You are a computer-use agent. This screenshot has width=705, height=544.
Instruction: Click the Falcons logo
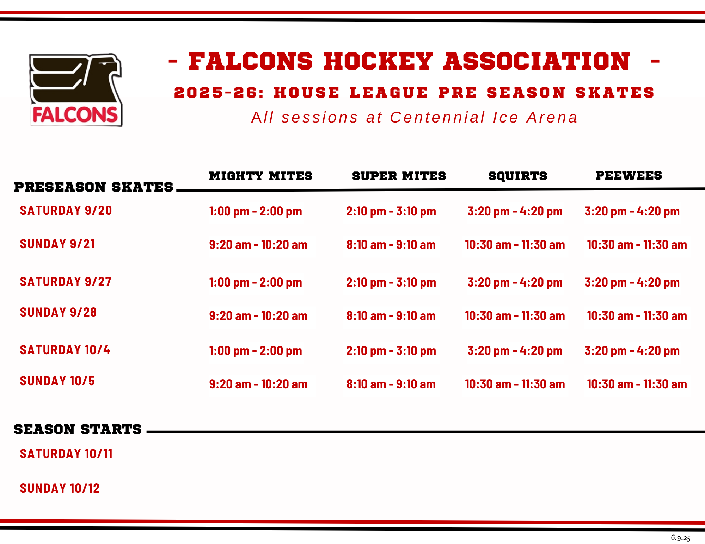tap(75, 90)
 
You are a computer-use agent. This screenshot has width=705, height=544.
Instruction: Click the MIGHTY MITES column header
tap(260, 176)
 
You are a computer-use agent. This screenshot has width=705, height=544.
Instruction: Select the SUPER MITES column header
tap(399, 176)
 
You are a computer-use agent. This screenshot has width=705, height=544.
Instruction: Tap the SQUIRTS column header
tap(518, 176)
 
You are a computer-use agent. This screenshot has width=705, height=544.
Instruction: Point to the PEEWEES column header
tap(629, 175)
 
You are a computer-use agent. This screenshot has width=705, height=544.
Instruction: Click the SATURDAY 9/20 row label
tap(66, 211)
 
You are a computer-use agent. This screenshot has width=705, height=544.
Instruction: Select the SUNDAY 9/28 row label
tap(58, 312)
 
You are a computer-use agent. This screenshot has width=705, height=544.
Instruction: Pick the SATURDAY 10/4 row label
tap(65, 350)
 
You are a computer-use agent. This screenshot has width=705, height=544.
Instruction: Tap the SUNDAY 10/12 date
tap(60, 488)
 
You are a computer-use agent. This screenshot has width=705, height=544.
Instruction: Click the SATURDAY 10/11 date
tap(66, 454)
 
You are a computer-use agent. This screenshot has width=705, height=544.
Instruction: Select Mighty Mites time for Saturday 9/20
tap(256, 211)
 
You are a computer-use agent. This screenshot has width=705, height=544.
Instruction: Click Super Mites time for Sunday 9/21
tap(391, 245)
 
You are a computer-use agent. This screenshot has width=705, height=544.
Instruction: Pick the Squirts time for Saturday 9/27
tap(515, 282)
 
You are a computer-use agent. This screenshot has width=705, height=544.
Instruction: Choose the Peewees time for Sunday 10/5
tap(637, 384)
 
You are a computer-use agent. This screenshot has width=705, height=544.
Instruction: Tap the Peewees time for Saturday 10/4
tap(632, 351)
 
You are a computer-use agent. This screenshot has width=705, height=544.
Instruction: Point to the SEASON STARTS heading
tap(78, 430)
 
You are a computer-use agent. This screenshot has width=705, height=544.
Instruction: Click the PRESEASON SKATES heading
tap(93, 187)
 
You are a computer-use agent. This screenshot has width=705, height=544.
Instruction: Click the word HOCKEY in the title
tap(378, 61)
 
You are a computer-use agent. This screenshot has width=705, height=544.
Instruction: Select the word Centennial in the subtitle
tap(437, 118)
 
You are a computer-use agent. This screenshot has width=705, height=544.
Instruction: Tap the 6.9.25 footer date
tap(680, 538)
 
